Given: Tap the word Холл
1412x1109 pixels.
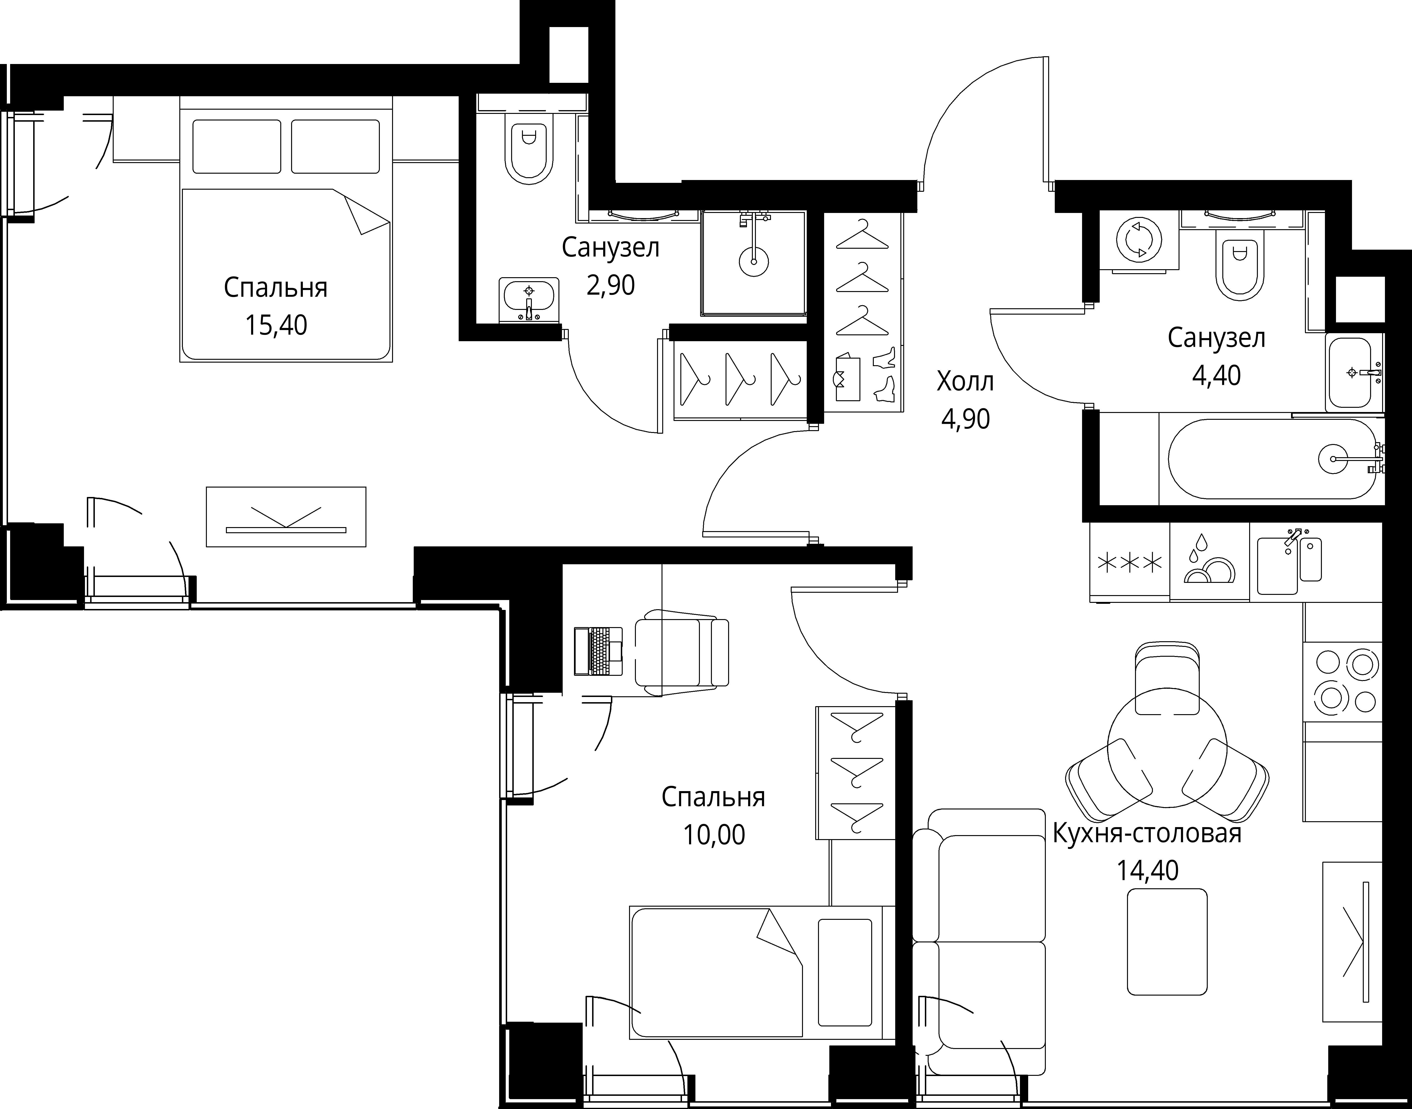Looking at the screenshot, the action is [x=965, y=382].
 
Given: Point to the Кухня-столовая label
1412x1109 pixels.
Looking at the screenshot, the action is [x=1147, y=833].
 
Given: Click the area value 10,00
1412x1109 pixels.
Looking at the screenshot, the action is [x=714, y=835].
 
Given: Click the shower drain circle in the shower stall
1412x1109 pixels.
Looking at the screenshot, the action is [x=754, y=262].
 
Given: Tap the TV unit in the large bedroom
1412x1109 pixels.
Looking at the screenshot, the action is [x=286, y=517].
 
